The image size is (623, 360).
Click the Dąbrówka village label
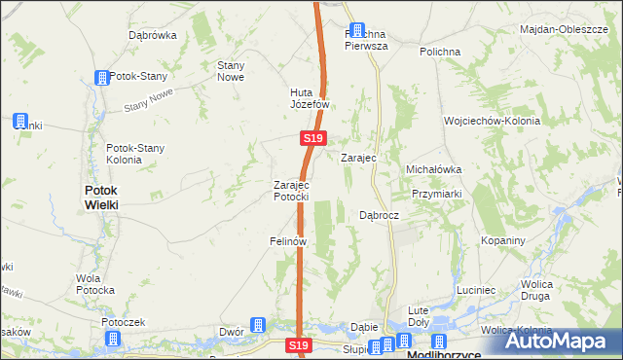coord(152,35)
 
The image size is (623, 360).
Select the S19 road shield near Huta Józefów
coord(311,139)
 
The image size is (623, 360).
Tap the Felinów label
coord(289,240)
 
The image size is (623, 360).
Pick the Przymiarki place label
coord(435,193)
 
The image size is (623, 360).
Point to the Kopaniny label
coord(502,240)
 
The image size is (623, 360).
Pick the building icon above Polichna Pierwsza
coord(357,31)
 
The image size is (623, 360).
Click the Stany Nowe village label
coord(230,71)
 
